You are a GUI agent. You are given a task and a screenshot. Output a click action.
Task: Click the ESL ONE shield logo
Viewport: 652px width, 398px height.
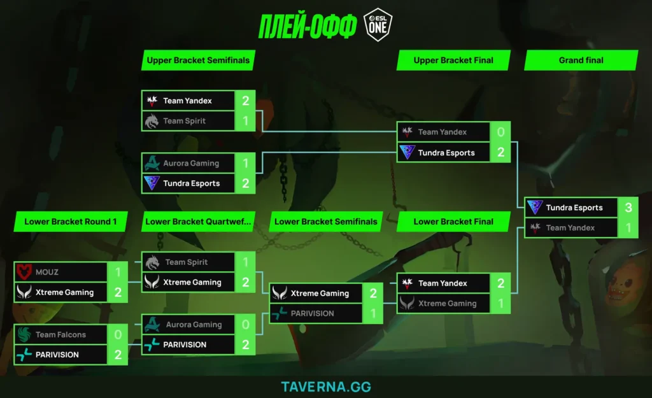[x=378, y=25]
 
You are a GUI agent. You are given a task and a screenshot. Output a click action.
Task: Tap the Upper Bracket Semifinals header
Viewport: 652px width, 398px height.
[x=198, y=60]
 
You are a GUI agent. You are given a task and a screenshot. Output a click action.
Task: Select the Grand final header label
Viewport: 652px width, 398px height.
[x=581, y=60]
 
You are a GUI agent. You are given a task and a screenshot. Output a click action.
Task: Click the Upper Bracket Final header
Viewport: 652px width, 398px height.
[x=453, y=60]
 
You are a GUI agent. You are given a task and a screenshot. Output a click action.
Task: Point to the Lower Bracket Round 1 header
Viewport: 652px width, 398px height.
[x=70, y=222]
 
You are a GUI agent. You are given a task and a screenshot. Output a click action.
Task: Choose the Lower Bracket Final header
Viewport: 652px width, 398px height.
[x=453, y=222]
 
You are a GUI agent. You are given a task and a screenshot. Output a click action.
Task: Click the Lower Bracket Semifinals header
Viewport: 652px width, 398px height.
[x=325, y=222]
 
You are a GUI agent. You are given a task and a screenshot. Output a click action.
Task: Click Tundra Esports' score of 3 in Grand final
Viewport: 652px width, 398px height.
[x=628, y=208]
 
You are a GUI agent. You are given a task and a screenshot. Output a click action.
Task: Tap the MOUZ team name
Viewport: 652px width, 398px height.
[x=47, y=272]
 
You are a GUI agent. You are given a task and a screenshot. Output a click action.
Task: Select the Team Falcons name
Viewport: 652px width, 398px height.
[x=60, y=334]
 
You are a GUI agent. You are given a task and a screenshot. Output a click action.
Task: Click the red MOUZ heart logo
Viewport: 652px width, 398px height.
[x=24, y=272]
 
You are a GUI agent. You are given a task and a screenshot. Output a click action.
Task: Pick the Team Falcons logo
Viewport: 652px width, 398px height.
[x=24, y=334]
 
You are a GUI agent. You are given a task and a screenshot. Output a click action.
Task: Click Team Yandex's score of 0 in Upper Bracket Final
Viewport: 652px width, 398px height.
[x=500, y=132]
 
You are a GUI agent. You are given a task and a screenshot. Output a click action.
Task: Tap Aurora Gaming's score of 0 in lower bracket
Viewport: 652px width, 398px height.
[x=245, y=324]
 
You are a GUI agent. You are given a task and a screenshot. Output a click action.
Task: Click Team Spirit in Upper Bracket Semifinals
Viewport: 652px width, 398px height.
[x=184, y=121]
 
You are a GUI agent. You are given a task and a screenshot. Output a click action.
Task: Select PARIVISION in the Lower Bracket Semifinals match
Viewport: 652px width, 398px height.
[x=312, y=313]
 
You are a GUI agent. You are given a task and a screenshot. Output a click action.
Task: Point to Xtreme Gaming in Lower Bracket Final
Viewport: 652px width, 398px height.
[x=448, y=304]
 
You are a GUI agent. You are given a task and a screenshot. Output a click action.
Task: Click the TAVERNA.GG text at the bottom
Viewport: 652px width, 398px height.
[x=326, y=387]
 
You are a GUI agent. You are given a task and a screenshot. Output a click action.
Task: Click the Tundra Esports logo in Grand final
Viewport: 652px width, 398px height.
[x=535, y=207]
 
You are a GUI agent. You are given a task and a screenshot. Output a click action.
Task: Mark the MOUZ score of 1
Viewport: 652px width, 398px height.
[x=118, y=272]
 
